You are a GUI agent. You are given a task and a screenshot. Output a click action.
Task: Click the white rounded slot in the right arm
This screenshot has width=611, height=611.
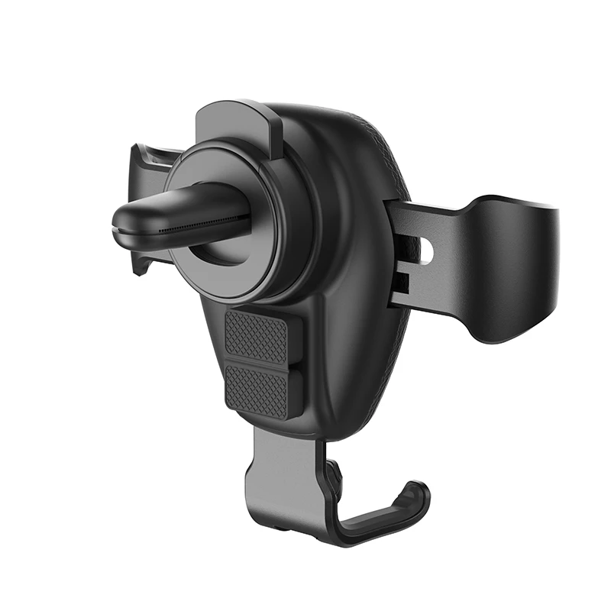[x=426, y=251]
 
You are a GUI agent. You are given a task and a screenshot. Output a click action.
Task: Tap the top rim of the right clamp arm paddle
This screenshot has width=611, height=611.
[x=512, y=202]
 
